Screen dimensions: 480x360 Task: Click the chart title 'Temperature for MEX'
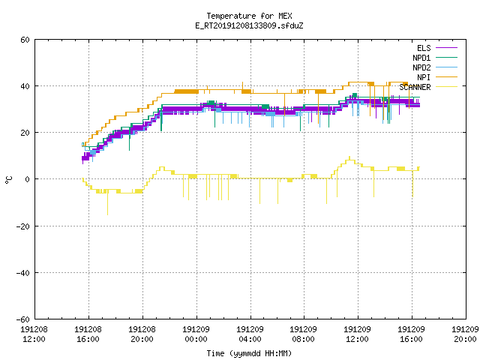[x=249, y=16]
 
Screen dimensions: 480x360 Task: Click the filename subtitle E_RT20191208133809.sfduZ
[x=249, y=25]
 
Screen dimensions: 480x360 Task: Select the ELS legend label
[x=424, y=48]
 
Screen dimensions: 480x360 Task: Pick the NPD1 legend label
[x=421, y=58]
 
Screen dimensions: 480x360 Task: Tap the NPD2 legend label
[x=421, y=67]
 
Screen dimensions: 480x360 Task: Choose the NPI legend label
[x=424, y=77]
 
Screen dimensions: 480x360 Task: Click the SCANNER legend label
[x=415, y=87]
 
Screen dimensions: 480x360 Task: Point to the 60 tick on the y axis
[x=25, y=40]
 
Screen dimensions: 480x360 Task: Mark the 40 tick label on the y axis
[x=25, y=86]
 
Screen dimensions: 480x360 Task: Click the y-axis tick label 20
[x=25, y=133]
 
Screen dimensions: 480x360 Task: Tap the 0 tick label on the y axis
[x=28, y=179]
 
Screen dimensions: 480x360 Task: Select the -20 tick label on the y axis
[x=23, y=226]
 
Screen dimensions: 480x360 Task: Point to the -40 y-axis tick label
[x=23, y=273]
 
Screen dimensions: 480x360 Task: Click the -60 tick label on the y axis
[x=23, y=319]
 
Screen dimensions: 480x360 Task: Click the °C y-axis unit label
[x=9, y=180]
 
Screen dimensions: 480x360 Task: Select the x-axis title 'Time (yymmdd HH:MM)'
[x=249, y=353]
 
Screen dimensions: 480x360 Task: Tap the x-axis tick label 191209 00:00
[x=196, y=334]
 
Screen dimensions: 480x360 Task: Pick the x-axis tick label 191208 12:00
[x=34, y=334]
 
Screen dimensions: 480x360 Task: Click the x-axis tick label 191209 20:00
[x=465, y=334]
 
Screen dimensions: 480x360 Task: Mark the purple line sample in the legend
[x=446, y=48]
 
